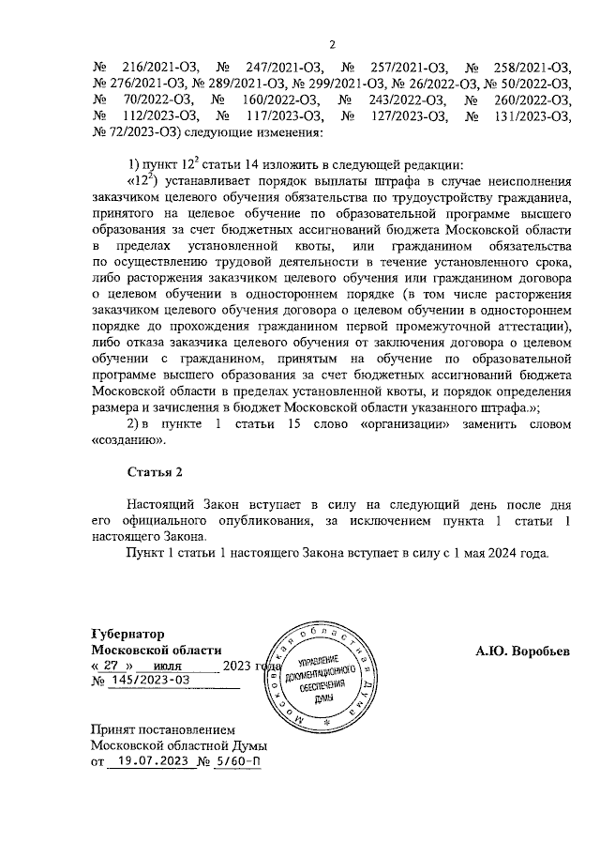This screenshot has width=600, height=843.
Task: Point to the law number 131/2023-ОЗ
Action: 533,115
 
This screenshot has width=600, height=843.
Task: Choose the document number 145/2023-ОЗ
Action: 151,682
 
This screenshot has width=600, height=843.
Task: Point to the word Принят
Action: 112,728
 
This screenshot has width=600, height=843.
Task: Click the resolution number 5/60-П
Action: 235,761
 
